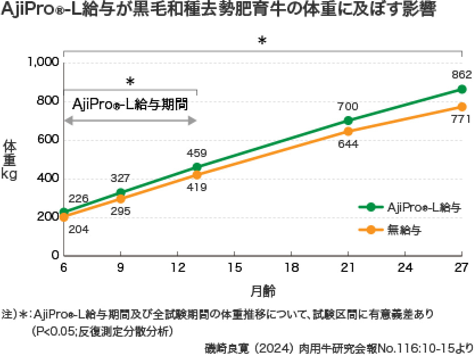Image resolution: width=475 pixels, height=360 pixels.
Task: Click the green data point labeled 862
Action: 462,89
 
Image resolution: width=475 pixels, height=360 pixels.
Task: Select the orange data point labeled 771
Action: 462,107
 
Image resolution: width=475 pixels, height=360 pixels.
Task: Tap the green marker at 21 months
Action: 348,121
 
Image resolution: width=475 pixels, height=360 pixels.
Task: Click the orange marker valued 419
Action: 197,175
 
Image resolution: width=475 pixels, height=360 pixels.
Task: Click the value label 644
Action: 348,144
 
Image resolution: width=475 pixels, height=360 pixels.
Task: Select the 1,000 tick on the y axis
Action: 43,62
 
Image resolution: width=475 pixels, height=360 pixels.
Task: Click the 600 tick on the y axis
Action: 48,139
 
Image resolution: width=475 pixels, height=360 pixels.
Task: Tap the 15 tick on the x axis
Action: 234,267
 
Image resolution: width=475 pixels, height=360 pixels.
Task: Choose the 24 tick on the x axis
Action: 404,267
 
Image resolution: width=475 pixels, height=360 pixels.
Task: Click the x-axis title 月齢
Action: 263,291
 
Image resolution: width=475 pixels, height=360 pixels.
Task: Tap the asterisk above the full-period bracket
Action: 262,40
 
